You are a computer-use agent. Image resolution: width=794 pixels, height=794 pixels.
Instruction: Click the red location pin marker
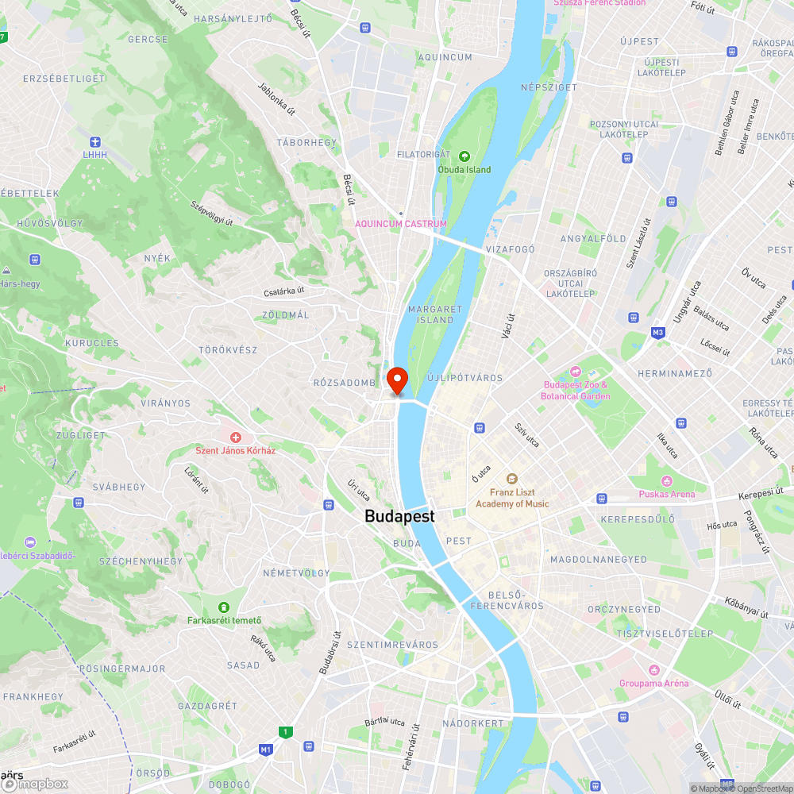tap(396, 379)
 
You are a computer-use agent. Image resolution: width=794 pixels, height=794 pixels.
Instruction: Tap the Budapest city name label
tap(399, 516)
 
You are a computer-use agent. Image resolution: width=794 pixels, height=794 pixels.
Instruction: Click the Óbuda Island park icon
tap(464, 156)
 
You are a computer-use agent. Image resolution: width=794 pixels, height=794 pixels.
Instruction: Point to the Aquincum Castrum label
tap(400, 224)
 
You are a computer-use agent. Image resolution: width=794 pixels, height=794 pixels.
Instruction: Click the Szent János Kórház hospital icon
tap(236, 437)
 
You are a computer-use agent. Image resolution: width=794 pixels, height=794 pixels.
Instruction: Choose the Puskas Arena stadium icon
tap(666, 481)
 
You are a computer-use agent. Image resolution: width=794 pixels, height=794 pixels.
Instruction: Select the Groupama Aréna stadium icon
tap(653, 670)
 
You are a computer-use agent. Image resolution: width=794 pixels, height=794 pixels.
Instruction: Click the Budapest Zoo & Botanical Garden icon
tap(576, 372)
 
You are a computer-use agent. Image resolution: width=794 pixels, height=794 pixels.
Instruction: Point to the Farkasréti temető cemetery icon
tap(225, 607)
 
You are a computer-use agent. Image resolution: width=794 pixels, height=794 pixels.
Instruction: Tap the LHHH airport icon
tap(94, 141)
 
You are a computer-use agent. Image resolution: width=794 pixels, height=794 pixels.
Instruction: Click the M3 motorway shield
tap(657, 332)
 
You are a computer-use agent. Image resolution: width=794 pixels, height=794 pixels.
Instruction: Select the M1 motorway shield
tap(266, 749)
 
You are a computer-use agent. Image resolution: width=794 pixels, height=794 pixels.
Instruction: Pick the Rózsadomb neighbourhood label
tap(344, 383)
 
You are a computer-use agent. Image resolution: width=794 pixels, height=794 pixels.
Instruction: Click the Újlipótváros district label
tap(465, 378)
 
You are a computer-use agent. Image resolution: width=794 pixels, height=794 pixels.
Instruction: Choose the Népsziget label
tap(549, 87)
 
